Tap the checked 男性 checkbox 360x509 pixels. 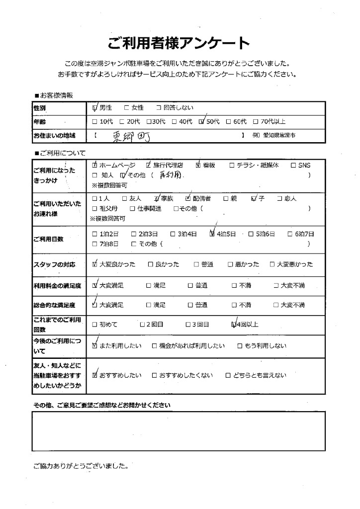point(95,108)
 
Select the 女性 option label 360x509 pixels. point(138,108)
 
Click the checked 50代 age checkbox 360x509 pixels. point(201,121)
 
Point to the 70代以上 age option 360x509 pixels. point(272,121)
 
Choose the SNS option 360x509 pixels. point(304,165)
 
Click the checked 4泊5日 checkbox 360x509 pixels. point(212,233)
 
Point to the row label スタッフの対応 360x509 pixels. point(55,264)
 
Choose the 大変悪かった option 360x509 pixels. point(295,264)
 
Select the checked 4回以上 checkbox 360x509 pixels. point(235,325)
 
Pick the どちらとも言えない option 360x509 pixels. point(259,375)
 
